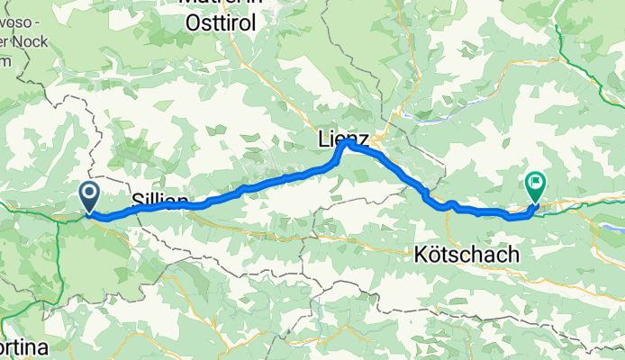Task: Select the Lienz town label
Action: (343, 139)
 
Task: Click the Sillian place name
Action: (160, 200)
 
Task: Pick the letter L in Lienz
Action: (323, 139)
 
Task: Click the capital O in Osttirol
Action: (193, 25)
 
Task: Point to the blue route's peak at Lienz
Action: (345, 142)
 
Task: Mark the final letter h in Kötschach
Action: (513, 255)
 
